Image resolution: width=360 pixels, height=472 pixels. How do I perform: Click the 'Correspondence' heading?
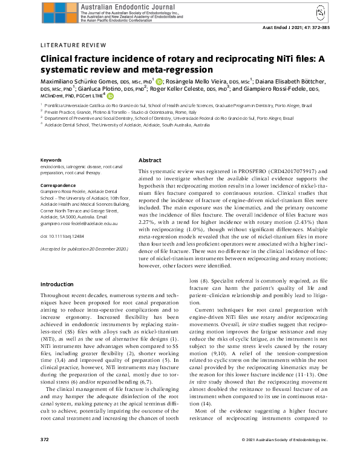[x=57, y=185]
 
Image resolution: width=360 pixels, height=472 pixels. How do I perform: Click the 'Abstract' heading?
[x=150, y=160]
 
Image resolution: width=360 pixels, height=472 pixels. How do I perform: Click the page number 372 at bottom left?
[x=44, y=456]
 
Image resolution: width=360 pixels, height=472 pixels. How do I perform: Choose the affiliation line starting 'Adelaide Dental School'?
[x=127, y=124]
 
